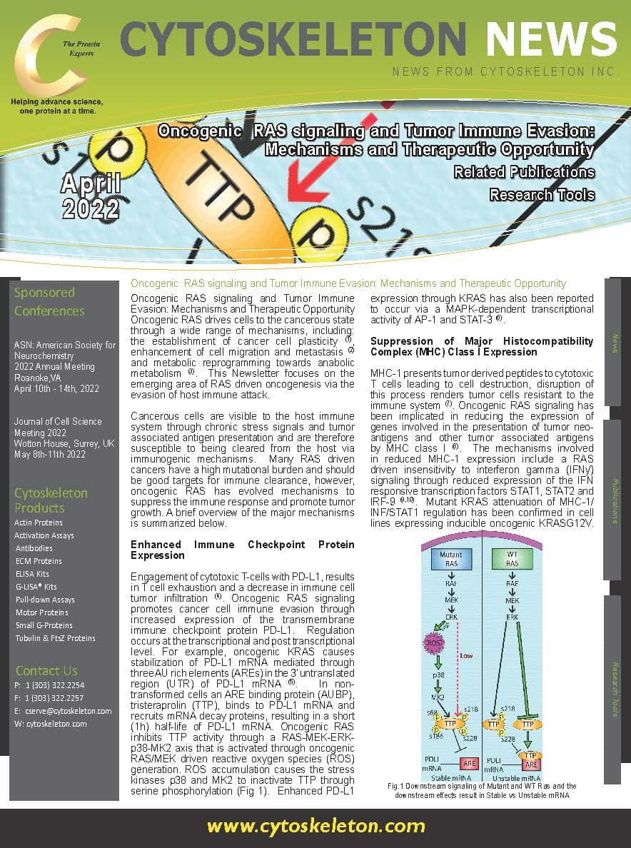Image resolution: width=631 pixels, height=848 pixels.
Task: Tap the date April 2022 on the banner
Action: pyautogui.click(x=90, y=196)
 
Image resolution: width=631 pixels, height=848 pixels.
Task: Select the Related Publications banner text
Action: pyautogui.click(x=523, y=172)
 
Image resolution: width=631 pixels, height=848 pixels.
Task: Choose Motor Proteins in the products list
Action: pyautogui.click(x=41, y=612)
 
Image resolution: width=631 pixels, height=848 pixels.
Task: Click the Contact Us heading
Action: pyautogui.click(x=46, y=670)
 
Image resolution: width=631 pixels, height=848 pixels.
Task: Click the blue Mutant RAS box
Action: pyautogui.click(x=450, y=559)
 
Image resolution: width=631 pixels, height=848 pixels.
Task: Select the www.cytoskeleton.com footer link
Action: pyautogui.click(x=316, y=827)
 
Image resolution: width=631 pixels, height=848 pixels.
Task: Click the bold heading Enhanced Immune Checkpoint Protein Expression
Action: pyautogui.click(x=242, y=550)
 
